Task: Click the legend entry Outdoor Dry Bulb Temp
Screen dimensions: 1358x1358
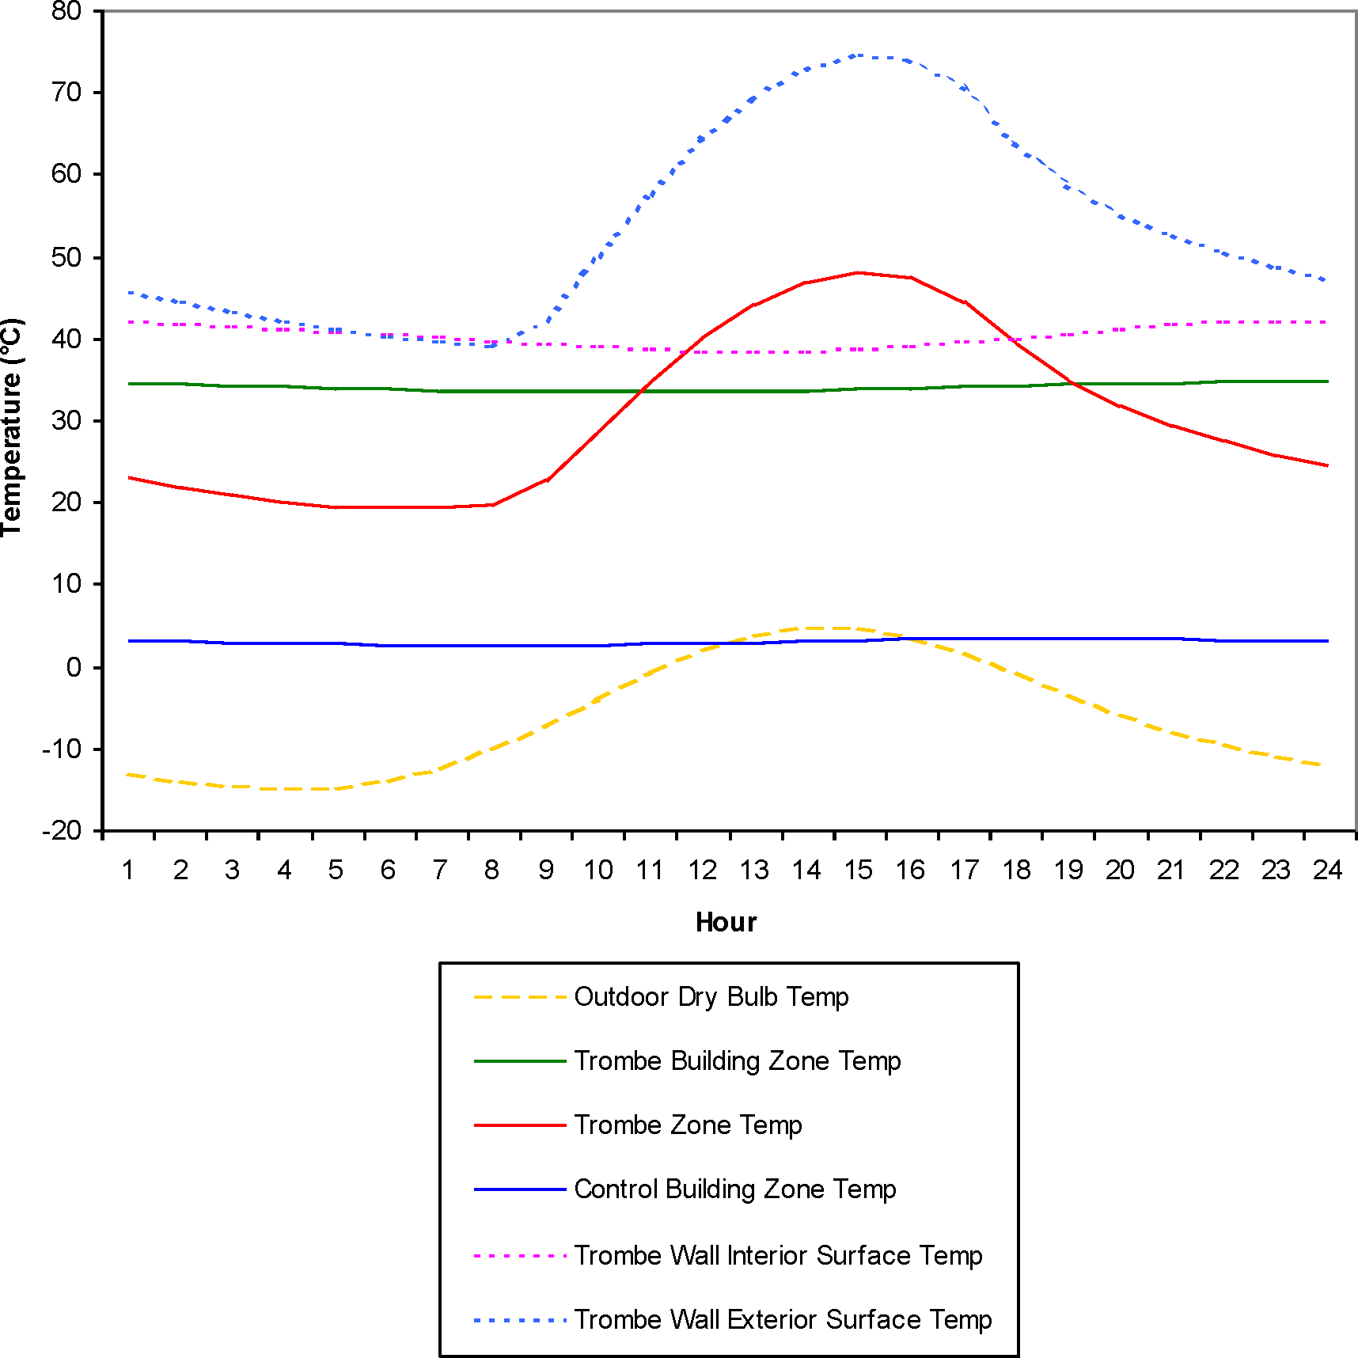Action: click(x=711, y=997)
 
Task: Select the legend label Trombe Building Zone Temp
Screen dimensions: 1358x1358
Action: click(x=737, y=1061)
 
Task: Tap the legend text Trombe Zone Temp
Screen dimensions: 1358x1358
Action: click(x=688, y=1125)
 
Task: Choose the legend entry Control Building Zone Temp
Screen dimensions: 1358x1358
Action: click(x=734, y=1189)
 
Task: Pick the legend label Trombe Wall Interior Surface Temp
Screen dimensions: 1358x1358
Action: click(x=778, y=1256)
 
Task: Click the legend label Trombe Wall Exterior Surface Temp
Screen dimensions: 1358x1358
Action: click(x=783, y=1320)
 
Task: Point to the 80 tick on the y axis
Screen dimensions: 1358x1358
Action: click(x=66, y=11)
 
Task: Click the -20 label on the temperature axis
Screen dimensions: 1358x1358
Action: click(x=62, y=831)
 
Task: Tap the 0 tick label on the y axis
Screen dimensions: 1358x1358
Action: click(x=74, y=668)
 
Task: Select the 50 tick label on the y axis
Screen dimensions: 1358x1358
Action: click(x=66, y=258)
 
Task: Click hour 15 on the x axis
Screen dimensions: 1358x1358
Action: click(x=858, y=871)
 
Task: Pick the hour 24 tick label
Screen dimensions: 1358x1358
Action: click(x=1327, y=871)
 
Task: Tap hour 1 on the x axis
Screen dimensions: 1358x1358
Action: click(x=127, y=871)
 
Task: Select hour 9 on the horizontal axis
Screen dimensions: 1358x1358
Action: click(x=545, y=871)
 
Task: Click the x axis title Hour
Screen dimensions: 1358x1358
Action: click(x=726, y=923)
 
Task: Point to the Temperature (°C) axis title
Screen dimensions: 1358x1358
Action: click(x=13, y=427)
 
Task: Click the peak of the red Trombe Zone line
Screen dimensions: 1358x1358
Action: click(x=858, y=273)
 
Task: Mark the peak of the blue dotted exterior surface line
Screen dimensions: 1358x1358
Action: click(x=858, y=55)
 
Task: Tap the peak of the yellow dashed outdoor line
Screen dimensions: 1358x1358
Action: click(x=831, y=628)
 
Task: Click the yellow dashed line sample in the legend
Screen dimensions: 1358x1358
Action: click(x=520, y=997)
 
